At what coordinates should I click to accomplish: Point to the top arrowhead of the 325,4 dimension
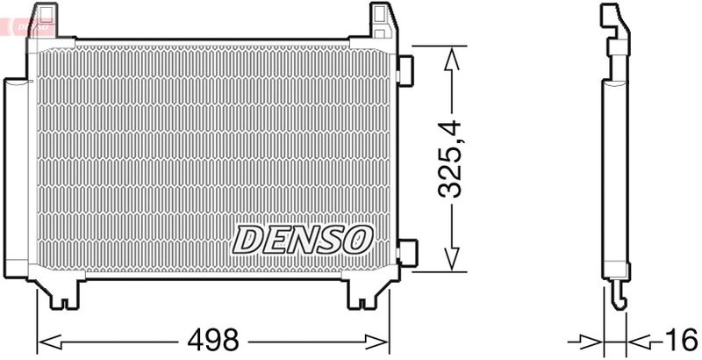pyautogui.click(x=451, y=58)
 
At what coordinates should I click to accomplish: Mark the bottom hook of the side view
pyautogui.click(x=618, y=297)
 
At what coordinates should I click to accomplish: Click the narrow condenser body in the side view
pyautogui.click(x=615, y=176)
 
